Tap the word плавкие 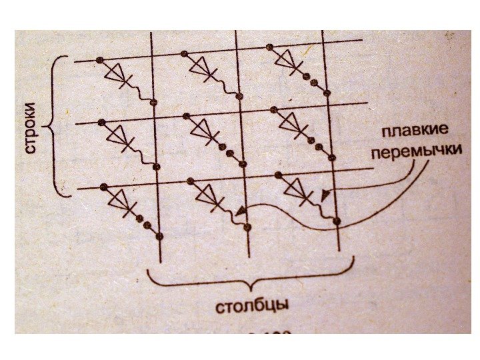click(x=415, y=131)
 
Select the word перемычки click(x=416, y=151)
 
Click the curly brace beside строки click(x=56, y=127)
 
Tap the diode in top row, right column click(x=287, y=61)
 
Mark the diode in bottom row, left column click(x=121, y=200)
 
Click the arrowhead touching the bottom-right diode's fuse click(x=324, y=195)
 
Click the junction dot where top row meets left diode click(x=99, y=61)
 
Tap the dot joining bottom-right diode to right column click(x=337, y=221)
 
